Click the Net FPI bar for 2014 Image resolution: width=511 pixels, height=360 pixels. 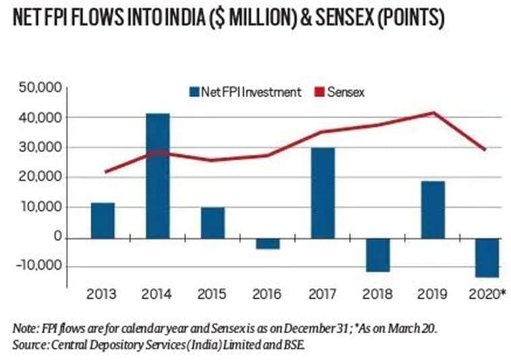158,176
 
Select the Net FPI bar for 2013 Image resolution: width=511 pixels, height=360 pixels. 103,220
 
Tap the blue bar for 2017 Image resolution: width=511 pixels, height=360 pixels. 322,192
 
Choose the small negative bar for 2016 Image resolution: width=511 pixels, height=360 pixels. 267,243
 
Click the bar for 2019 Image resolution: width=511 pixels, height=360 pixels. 432,209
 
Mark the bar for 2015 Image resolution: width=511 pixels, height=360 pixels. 213,223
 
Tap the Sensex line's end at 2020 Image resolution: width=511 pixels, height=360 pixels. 485,149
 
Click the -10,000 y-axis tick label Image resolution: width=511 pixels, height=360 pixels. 39,267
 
